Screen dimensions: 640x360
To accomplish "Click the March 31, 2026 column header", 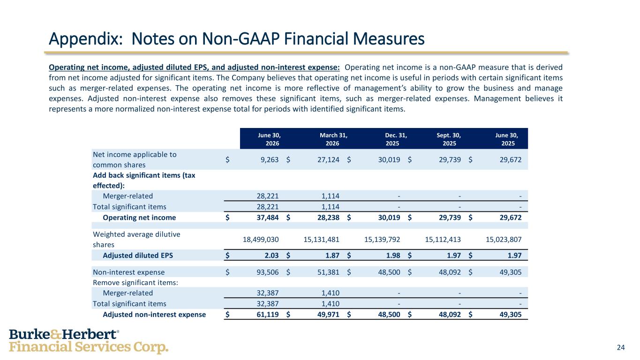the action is pyautogui.click(x=333, y=139).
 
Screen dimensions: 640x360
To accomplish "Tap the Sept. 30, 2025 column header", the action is pyautogui.click(x=449, y=139).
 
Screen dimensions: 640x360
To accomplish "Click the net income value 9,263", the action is pyautogui.click(x=270, y=160).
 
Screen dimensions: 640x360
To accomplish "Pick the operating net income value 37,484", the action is pyautogui.click(x=267, y=217).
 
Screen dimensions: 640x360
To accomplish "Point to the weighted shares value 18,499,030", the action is pyautogui.click(x=261, y=240).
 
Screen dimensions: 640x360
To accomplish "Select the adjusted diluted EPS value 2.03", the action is pyautogui.click(x=271, y=255).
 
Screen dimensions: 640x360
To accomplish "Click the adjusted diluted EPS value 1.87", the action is pyautogui.click(x=332, y=255).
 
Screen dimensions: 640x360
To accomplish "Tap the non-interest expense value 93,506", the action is pyautogui.click(x=267, y=272).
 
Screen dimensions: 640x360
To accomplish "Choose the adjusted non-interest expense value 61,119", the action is pyautogui.click(x=267, y=315).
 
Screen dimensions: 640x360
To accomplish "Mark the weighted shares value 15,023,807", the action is pyautogui.click(x=504, y=240).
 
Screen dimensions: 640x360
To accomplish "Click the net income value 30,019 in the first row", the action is pyautogui.click(x=389, y=160).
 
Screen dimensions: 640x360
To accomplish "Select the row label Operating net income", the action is pyautogui.click(x=139, y=217).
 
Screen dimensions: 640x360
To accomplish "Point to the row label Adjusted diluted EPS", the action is pyautogui.click(x=138, y=255).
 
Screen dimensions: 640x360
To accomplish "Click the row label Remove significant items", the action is pyautogui.click(x=136, y=283).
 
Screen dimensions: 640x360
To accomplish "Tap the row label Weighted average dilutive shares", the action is pyautogui.click(x=136, y=240).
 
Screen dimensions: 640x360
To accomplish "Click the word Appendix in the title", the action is pyautogui.click(x=86, y=39).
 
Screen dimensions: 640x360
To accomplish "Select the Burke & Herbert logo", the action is pyautogui.click(x=89, y=341).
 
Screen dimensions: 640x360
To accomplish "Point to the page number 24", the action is pyautogui.click(x=621, y=347).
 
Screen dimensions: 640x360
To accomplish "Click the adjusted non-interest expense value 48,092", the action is pyautogui.click(x=450, y=315).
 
